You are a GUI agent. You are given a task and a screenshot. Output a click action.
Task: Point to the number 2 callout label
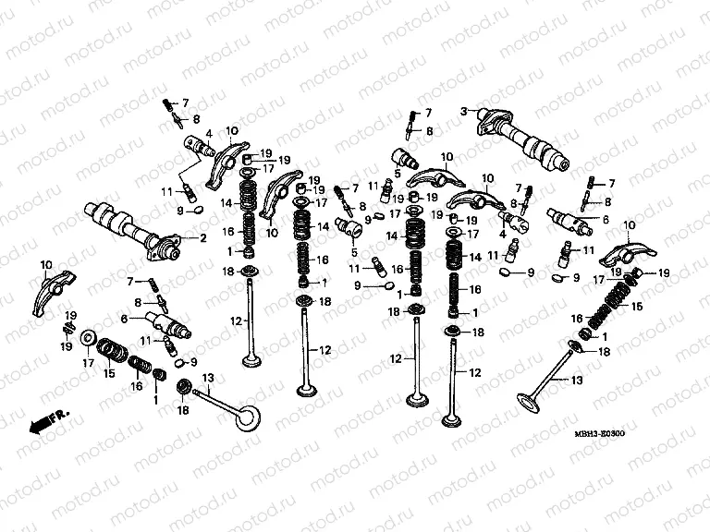tap(202, 238)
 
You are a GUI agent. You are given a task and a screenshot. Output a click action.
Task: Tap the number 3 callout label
tap(464, 112)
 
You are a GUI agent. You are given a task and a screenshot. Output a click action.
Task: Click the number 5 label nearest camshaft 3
tap(397, 173)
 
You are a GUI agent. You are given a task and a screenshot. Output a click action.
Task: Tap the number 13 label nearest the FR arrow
tap(208, 377)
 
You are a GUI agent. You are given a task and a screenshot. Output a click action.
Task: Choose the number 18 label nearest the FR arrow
tap(182, 409)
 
